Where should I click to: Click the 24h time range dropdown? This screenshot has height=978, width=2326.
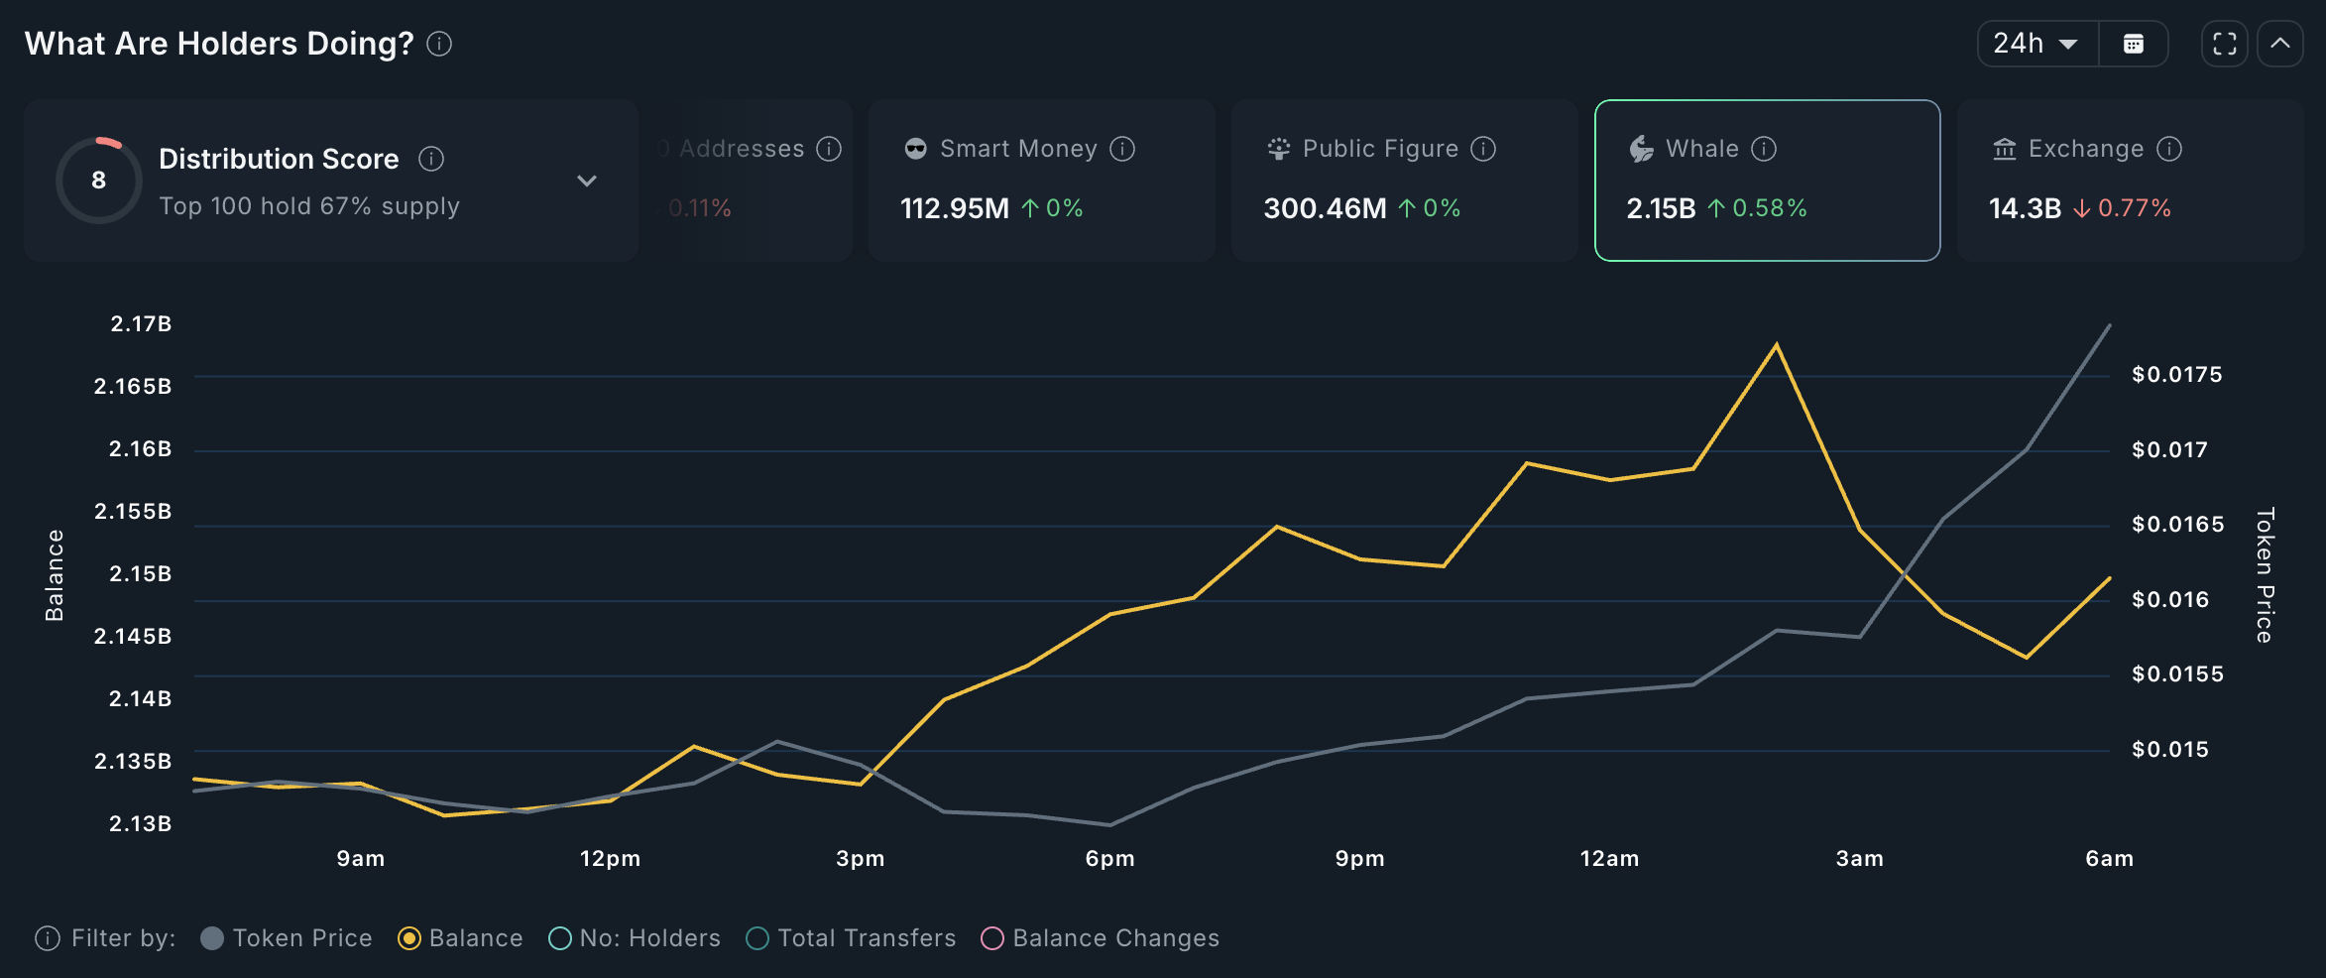pyautogui.click(x=2036, y=44)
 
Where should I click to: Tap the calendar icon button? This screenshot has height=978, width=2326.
pyautogui.click(x=2134, y=44)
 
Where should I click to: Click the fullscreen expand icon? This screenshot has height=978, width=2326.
pyautogui.click(x=2224, y=44)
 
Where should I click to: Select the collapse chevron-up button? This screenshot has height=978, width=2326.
pyautogui.click(x=2280, y=44)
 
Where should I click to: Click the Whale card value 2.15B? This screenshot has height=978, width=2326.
pyautogui.click(x=1661, y=208)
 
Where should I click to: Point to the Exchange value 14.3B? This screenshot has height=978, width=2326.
pyautogui.click(x=2025, y=208)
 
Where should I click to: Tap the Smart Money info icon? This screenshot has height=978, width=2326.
pyautogui.click(x=1122, y=149)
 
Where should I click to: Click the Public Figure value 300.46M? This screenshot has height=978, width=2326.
pyautogui.click(x=1325, y=208)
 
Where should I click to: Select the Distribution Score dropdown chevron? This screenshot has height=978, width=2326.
pyautogui.click(x=587, y=181)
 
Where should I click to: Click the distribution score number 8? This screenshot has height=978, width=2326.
pyautogui.click(x=98, y=181)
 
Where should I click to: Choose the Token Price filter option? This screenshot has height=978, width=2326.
pyautogui.click(x=288, y=938)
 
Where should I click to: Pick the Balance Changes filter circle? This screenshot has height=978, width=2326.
pyautogui.click(x=992, y=938)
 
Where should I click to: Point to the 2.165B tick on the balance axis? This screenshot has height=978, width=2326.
pyautogui.click(x=133, y=386)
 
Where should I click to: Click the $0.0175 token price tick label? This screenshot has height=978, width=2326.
pyautogui.click(x=2177, y=375)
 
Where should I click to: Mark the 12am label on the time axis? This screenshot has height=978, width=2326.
pyautogui.click(x=1609, y=859)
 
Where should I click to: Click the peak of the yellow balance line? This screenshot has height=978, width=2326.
pyautogui.click(x=1776, y=345)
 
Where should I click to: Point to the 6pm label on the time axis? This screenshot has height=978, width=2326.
pyautogui.click(x=1109, y=859)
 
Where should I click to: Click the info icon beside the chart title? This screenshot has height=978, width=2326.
pyautogui.click(x=439, y=44)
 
